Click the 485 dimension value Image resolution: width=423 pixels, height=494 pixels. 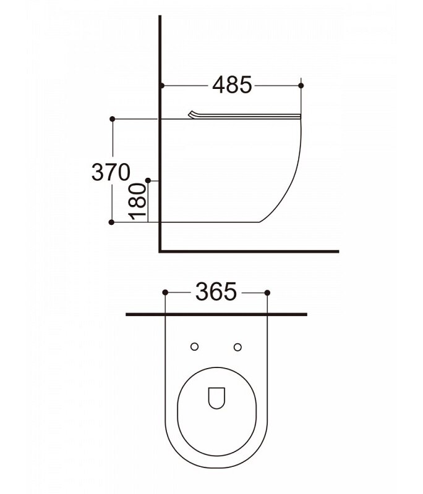click(x=232, y=85)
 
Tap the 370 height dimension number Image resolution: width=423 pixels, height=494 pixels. click(x=111, y=172)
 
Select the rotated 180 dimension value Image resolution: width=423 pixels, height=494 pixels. click(x=138, y=202)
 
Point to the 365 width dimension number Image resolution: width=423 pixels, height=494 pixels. click(x=216, y=291)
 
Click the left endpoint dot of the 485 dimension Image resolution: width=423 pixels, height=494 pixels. click(x=162, y=85)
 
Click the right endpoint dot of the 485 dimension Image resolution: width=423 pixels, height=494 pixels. click(x=301, y=85)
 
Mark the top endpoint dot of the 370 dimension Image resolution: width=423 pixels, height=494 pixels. click(x=112, y=119)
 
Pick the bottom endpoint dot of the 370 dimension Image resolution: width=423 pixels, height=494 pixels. click(x=111, y=222)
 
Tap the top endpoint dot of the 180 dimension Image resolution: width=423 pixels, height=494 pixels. click(x=148, y=180)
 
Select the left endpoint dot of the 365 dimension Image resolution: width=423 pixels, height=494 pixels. click(x=165, y=293)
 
